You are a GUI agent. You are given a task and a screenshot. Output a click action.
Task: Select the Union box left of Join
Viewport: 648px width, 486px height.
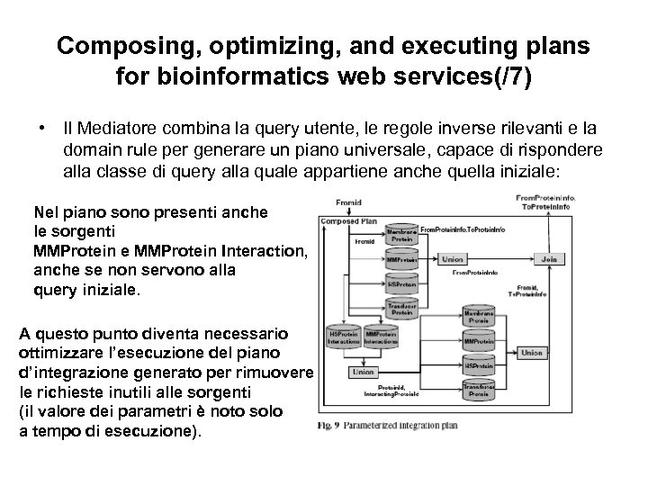[x=454, y=259]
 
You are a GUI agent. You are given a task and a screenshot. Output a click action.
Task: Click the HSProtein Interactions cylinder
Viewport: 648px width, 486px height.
[x=343, y=337]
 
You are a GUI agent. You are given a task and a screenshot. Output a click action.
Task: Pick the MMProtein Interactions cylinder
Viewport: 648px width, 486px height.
[x=380, y=337]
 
